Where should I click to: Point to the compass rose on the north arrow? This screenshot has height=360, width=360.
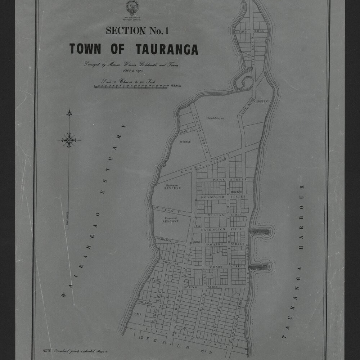[69, 140]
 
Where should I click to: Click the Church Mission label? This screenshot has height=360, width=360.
[215, 118]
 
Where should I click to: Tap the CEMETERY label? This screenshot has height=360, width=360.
[261, 102]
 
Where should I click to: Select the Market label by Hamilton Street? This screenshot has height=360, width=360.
[196, 242]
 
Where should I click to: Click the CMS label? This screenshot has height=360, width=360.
[138, 314]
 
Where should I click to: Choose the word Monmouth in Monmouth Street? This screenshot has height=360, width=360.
[213, 197]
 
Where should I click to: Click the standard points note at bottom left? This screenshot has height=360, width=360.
[76, 350]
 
